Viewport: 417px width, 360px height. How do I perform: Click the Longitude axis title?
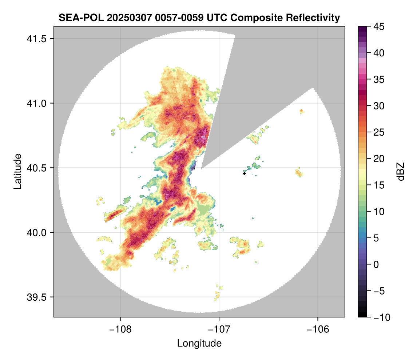click(x=199, y=343)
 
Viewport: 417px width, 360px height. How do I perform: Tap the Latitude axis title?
click(x=17, y=171)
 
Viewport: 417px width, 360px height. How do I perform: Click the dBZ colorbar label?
click(x=401, y=172)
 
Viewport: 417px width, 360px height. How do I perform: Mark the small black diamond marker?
click(x=244, y=173)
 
